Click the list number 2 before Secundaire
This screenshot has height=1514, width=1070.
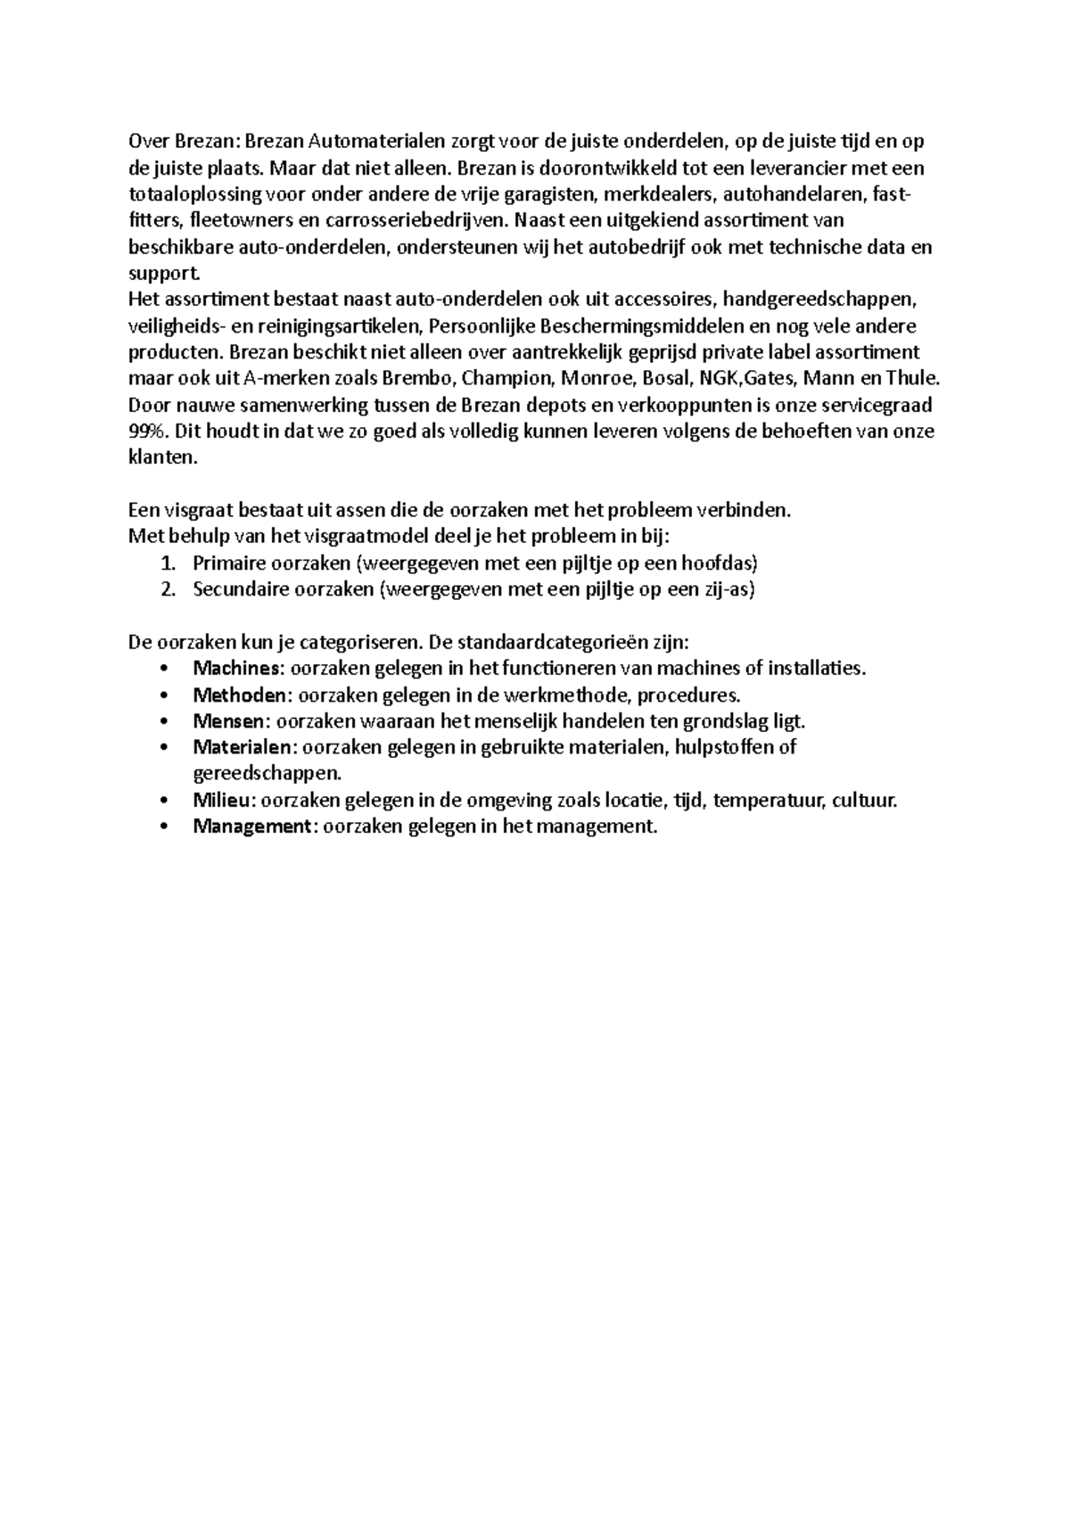click(166, 589)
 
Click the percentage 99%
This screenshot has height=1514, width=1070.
click(147, 432)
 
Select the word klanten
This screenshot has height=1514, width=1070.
click(160, 458)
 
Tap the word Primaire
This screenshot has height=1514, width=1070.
click(229, 564)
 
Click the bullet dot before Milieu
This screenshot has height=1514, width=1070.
click(162, 801)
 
